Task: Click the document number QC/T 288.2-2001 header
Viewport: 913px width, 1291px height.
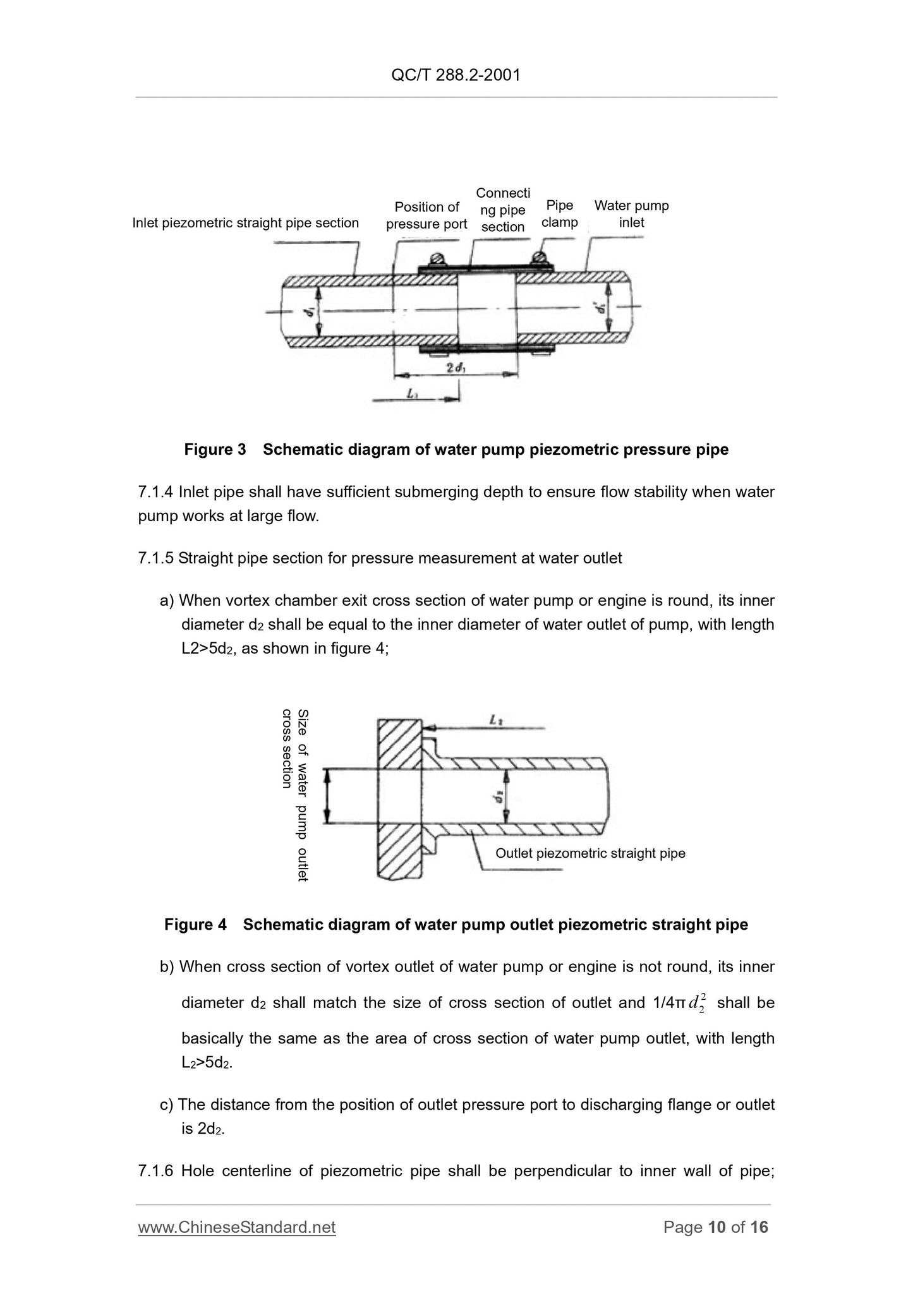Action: pyautogui.click(x=456, y=75)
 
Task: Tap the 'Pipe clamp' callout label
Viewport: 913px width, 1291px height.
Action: pyautogui.click(x=559, y=213)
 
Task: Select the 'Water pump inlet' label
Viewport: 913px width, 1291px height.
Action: pyautogui.click(x=631, y=213)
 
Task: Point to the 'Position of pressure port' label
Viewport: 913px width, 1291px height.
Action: pyautogui.click(x=426, y=215)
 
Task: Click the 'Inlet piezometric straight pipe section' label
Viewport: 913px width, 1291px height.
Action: pyautogui.click(x=245, y=222)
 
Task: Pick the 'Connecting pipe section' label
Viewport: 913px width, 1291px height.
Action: pyautogui.click(x=503, y=210)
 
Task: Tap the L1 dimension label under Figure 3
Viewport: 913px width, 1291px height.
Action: pyautogui.click(x=413, y=393)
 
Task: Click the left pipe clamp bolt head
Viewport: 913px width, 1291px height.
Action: pyautogui.click(x=436, y=260)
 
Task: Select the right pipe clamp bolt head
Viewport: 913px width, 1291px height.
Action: pyautogui.click(x=539, y=258)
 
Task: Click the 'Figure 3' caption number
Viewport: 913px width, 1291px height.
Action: pyautogui.click(x=215, y=449)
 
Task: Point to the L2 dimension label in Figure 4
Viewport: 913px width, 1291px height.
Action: pyautogui.click(x=496, y=719)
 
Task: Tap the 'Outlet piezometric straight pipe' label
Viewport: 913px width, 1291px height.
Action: pyautogui.click(x=590, y=853)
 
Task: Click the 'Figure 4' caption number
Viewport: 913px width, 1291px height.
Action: pyautogui.click(x=195, y=925)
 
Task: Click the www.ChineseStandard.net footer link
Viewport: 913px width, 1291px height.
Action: pyautogui.click(x=237, y=1227)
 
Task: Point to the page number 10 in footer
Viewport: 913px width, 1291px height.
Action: pyautogui.click(x=716, y=1227)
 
